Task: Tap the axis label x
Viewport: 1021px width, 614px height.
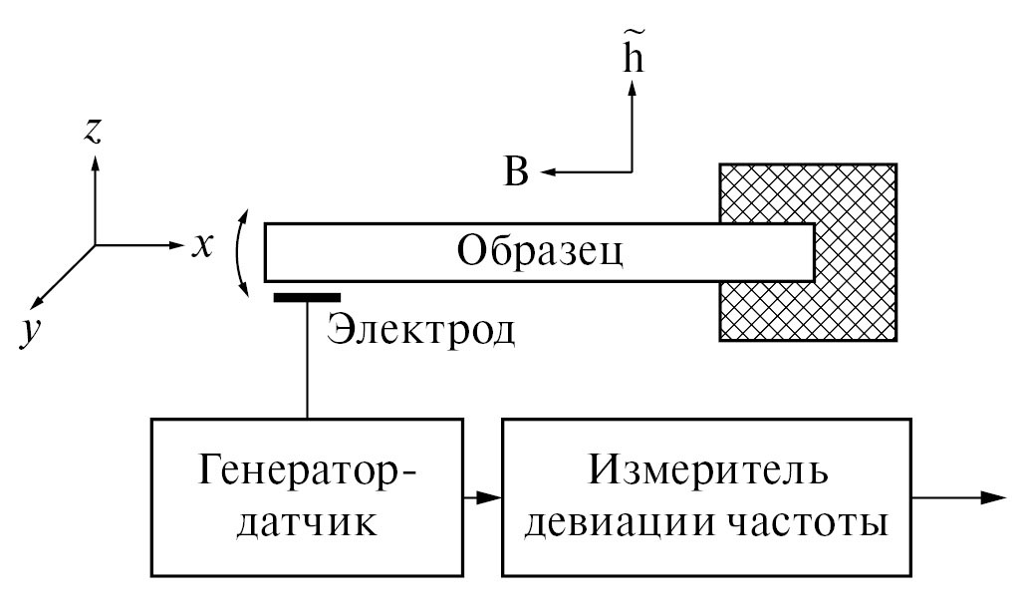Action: (202, 245)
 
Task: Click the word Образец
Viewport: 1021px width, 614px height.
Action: (540, 249)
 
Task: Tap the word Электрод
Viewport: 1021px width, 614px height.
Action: (421, 329)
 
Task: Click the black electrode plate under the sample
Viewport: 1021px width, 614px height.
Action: (307, 296)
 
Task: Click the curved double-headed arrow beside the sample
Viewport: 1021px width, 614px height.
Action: (239, 252)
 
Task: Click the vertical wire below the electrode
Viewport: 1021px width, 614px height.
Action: (307, 359)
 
